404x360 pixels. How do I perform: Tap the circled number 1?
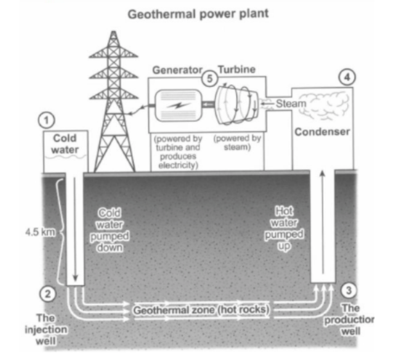(46, 119)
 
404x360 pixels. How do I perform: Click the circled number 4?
(346, 77)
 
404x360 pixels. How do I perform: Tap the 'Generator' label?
(177, 69)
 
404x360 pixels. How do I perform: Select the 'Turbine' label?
(238, 69)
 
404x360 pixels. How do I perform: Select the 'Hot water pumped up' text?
(284, 230)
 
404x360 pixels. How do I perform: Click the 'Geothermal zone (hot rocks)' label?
(201, 310)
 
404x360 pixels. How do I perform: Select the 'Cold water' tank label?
(64, 143)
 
